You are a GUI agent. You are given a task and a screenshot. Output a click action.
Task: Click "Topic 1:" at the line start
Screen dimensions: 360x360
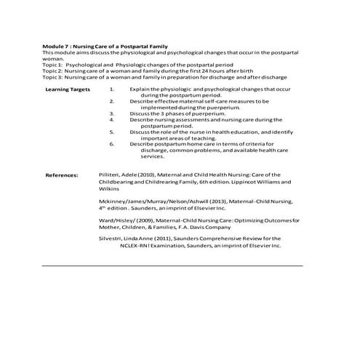coord(53,65)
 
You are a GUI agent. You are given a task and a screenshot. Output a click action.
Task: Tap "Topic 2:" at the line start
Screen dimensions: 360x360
coord(53,71)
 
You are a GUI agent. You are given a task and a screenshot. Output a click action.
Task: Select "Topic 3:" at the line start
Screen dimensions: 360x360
coord(53,76)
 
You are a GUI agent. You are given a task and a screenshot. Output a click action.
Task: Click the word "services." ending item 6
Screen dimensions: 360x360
coord(153,156)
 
